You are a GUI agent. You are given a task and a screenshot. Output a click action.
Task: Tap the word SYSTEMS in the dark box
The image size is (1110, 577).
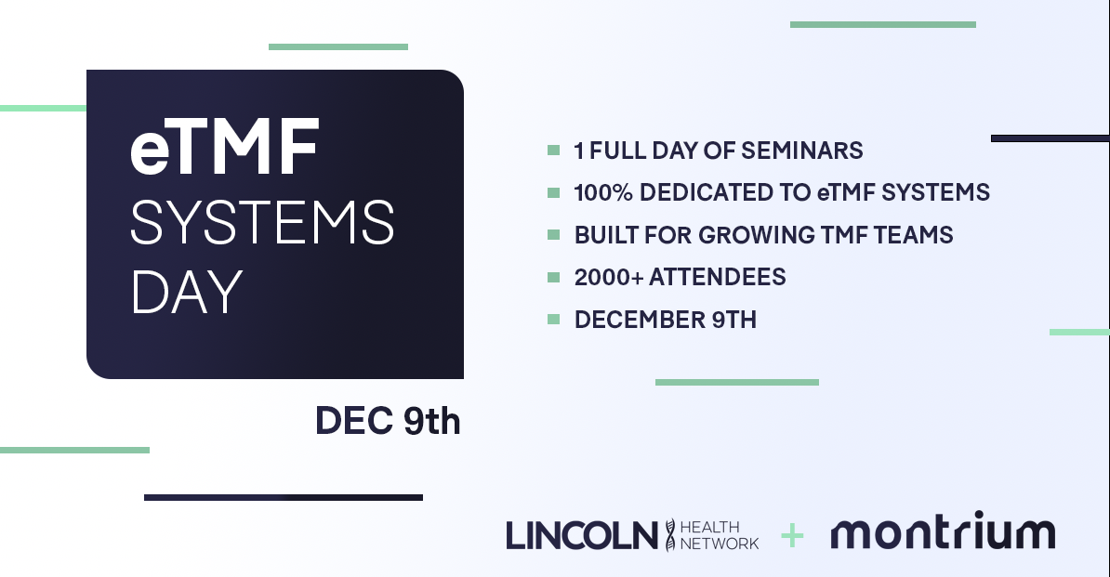[262, 222]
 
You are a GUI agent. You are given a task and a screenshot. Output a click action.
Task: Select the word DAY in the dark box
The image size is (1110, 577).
[187, 292]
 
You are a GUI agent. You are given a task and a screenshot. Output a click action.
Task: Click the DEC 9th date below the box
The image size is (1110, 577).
[388, 421]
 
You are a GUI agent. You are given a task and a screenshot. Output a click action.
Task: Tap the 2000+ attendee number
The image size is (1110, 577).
[609, 277]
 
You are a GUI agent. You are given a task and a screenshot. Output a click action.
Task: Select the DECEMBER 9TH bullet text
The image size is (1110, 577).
[666, 320]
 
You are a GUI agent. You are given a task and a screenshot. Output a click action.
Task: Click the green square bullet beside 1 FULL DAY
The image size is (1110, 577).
[553, 150]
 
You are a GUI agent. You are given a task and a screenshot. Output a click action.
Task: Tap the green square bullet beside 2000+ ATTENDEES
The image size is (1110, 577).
[553, 277]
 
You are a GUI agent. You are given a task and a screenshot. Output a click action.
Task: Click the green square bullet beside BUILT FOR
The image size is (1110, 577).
[553, 235]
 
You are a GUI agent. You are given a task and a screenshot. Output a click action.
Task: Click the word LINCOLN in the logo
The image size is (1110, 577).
[582, 534]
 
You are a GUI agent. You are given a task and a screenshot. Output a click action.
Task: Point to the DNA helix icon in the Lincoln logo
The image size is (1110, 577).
[669, 534]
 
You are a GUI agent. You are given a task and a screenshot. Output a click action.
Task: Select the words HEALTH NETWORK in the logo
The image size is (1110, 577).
[720, 535]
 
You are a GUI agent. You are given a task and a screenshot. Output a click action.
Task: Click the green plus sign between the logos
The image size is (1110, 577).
[792, 536]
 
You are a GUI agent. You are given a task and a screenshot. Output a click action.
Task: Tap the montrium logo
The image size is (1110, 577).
[943, 531]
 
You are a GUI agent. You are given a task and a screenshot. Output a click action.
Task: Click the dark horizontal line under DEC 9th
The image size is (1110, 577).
[284, 498]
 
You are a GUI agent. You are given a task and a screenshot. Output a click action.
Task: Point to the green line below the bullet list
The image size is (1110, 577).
[737, 383]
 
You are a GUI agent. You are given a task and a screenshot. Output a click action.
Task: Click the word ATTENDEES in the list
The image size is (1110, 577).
[717, 277]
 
